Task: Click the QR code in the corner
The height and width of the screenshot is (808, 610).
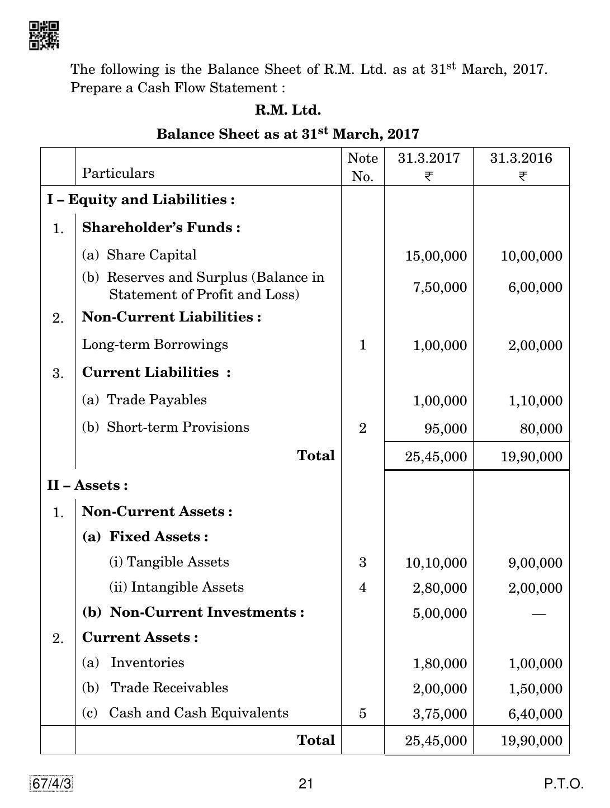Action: coord(44,36)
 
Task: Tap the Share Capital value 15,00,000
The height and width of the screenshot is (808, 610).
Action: coord(436,256)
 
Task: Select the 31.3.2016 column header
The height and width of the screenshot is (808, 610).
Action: coord(521,166)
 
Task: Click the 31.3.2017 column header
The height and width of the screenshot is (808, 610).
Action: coord(428,166)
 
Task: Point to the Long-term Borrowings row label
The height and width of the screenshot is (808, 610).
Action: coord(155,344)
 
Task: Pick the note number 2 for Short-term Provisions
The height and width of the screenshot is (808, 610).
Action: coord(362,428)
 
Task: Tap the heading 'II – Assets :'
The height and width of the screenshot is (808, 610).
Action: coord(87,485)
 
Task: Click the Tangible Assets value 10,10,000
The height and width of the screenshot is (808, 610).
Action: coord(436,563)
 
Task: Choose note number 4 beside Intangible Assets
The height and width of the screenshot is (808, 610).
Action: coord(362,588)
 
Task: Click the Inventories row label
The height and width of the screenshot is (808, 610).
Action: coord(147,663)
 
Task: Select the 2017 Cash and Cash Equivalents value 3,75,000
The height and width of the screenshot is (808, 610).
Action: coord(439,714)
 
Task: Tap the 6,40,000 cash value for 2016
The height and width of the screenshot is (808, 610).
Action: coord(535,714)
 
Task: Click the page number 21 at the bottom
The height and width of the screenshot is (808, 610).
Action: coord(305,784)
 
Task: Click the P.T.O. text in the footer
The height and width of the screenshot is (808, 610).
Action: coord(564,784)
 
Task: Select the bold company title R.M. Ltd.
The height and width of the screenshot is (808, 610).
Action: coord(288,110)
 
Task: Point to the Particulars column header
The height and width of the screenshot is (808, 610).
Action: coord(118,173)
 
